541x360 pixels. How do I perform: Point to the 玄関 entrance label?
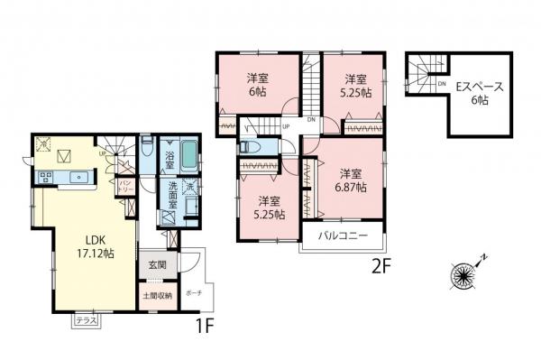coord(156,265)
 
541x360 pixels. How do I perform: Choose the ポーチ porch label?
coord(194,293)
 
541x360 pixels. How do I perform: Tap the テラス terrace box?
coord(87,319)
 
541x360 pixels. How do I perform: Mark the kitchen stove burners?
coord(46,177)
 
